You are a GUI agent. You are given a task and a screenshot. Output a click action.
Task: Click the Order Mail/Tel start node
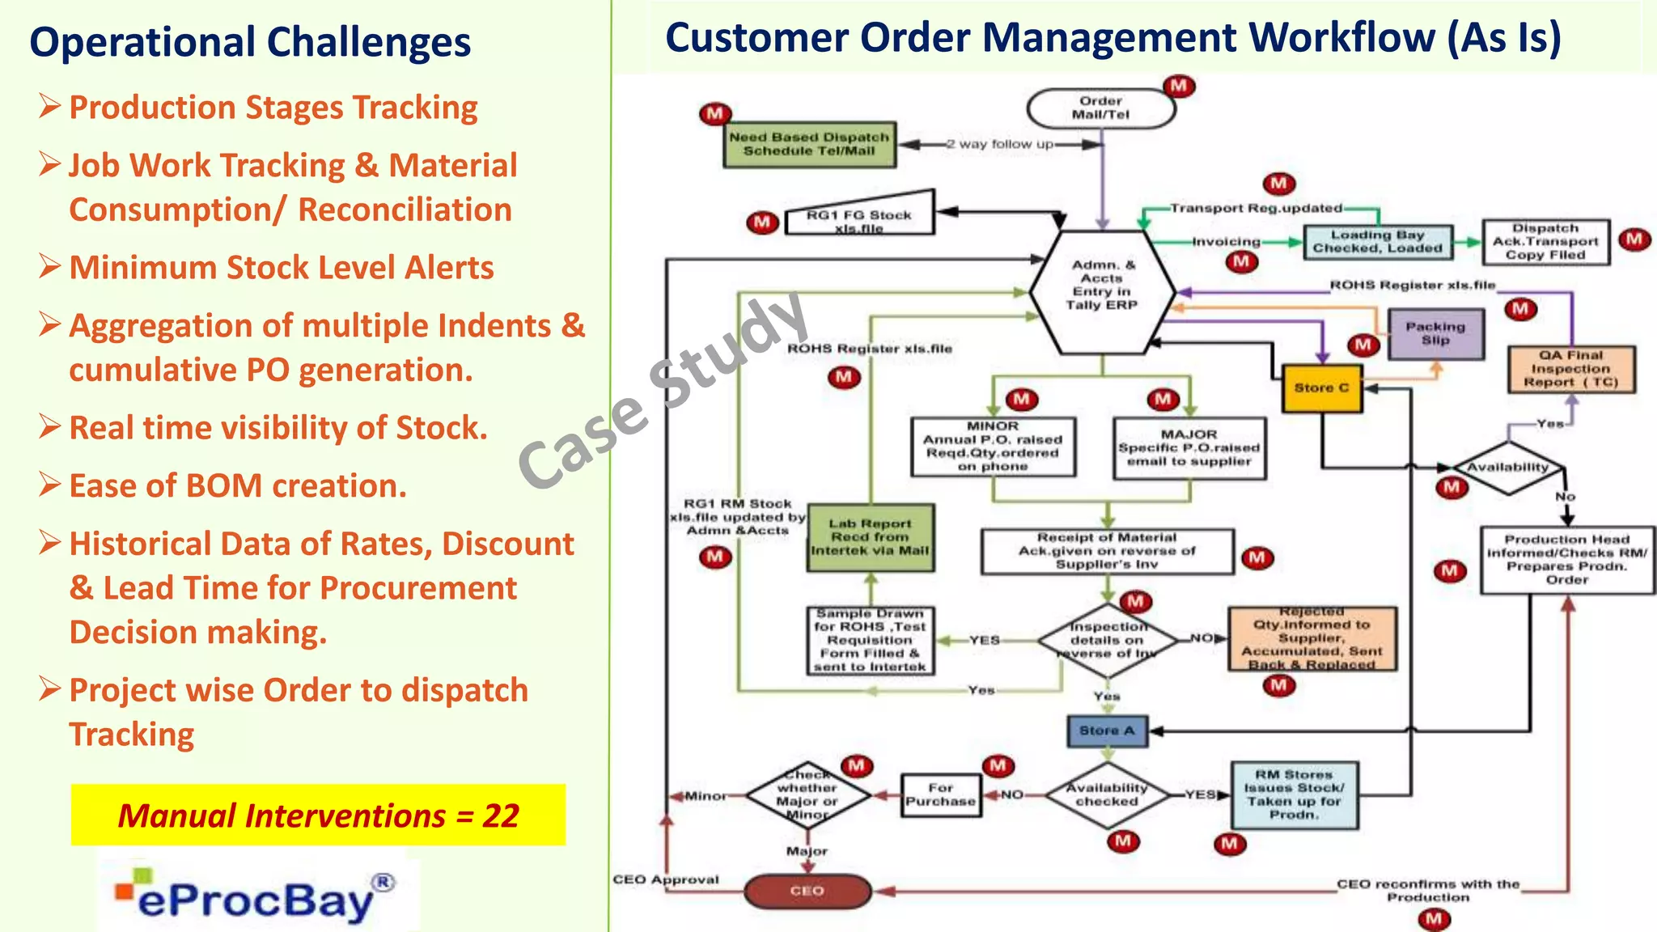pyautogui.click(x=1100, y=108)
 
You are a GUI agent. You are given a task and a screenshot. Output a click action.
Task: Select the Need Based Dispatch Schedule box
pyautogui.click(x=809, y=145)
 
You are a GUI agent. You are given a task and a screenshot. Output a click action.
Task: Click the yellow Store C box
pyautogui.click(x=1321, y=388)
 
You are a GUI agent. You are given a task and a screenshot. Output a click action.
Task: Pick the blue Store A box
pyautogui.click(x=1107, y=731)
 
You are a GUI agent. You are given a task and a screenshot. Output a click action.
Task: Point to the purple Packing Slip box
pyautogui.click(x=1435, y=334)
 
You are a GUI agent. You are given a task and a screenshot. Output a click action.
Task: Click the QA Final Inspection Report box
pyautogui.click(x=1570, y=369)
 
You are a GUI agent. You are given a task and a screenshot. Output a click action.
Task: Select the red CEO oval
pyautogui.click(x=807, y=892)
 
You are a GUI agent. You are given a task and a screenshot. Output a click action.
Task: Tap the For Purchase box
pyautogui.click(x=940, y=795)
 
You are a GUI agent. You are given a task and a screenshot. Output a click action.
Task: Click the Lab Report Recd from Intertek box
pyautogui.click(x=870, y=537)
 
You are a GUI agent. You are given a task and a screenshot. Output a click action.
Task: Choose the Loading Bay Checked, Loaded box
pyautogui.click(x=1377, y=242)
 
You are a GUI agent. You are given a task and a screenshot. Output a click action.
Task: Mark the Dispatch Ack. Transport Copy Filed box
pyautogui.click(x=1545, y=242)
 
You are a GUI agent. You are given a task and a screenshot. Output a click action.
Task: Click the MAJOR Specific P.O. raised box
pyautogui.click(x=1189, y=448)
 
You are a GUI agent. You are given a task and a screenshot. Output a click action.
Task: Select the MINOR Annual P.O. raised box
pyautogui.click(x=993, y=447)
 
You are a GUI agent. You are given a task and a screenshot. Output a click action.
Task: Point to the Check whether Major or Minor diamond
pyautogui.click(x=807, y=795)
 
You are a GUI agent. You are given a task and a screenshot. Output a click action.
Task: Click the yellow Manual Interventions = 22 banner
pyautogui.click(x=318, y=815)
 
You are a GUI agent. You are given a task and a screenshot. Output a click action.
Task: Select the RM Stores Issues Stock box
pyautogui.click(x=1294, y=795)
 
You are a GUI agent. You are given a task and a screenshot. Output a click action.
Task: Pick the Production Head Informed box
pyautogui.click(x=1566, y=560)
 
